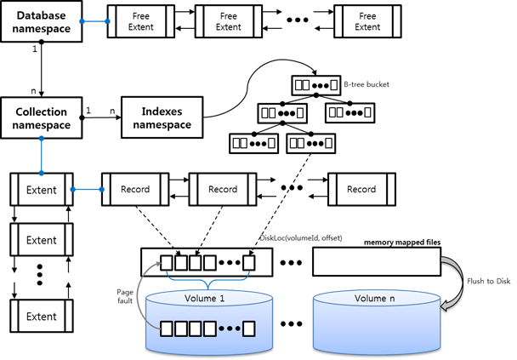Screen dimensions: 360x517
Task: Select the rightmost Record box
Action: [361, 189]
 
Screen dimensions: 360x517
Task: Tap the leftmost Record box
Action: [134, 189]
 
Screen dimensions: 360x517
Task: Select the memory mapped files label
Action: [401, 243]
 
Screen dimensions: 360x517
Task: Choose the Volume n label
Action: [374, 299]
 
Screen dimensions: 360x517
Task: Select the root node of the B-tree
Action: [314, 86]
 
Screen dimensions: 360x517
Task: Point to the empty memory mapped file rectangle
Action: [376, 261]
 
